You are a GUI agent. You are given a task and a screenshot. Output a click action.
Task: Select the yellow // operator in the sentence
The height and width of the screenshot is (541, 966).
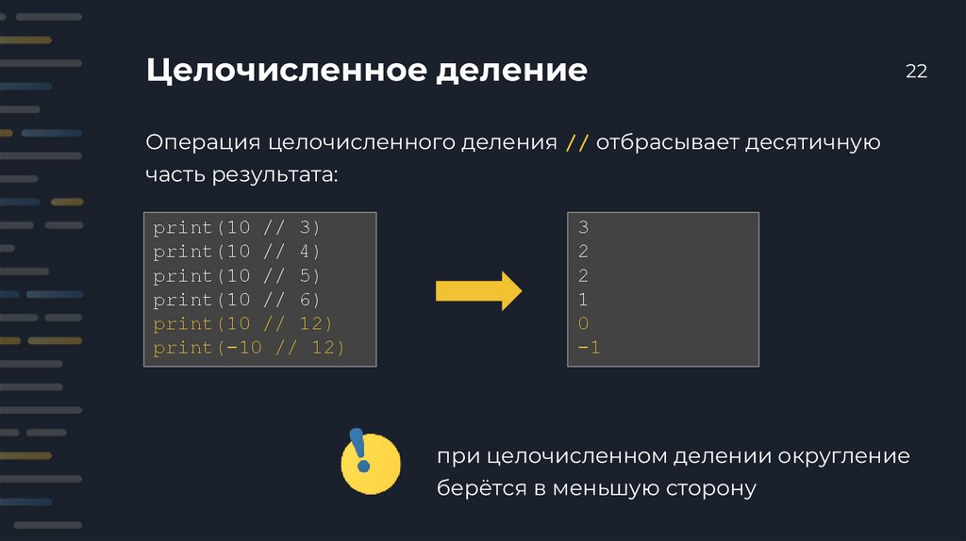(x=577, y=143)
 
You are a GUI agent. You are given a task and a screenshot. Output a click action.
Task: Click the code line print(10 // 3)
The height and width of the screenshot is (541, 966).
(x=237, y=228)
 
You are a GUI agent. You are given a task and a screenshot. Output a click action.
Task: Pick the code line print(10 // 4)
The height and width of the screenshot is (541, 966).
(x=237, y=252)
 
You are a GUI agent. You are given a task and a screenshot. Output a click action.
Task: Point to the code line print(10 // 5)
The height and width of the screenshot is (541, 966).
(x=237, y=276)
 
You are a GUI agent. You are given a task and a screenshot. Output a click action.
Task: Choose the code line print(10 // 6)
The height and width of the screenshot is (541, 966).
(x=237, y=300)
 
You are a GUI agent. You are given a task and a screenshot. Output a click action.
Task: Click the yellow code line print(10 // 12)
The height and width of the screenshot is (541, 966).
(x=242, y=324)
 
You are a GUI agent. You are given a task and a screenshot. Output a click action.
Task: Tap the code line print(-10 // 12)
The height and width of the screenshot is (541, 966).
(x=248, y=349)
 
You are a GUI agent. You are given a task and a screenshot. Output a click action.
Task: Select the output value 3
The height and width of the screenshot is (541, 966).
(x=583, y=228)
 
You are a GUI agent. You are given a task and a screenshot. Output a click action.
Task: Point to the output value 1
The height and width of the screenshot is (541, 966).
(x=583, y=300)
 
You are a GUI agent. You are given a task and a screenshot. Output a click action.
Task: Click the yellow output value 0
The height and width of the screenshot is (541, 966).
(x=583, y=324)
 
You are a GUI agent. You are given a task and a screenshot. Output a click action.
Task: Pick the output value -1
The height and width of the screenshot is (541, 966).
(x=589, y=349)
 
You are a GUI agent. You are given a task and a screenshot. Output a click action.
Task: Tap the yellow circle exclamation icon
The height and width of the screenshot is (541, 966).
(x=369, y=463)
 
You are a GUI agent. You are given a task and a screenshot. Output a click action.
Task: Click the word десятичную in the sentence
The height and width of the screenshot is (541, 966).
(x=812, y=143)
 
